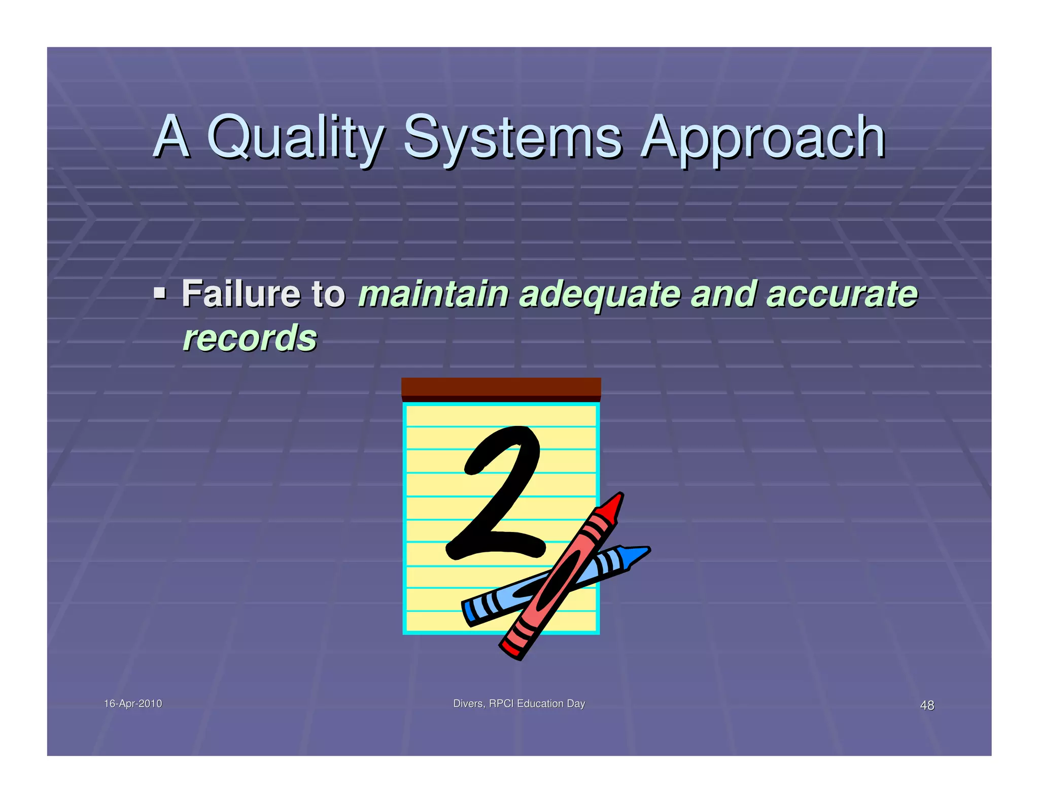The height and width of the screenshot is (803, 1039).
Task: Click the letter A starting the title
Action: [171, 136]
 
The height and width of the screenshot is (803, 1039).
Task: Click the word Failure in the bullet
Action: [241, 293]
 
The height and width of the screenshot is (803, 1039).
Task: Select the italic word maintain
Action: [433, 293]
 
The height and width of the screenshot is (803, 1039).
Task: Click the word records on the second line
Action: [250, 338]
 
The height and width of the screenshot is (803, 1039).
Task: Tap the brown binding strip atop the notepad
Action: [501, 389]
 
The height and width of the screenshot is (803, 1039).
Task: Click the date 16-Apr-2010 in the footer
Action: [133, 704]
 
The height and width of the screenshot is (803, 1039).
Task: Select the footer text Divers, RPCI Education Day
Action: [518, 704]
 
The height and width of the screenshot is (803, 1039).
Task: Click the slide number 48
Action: [927, 705]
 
